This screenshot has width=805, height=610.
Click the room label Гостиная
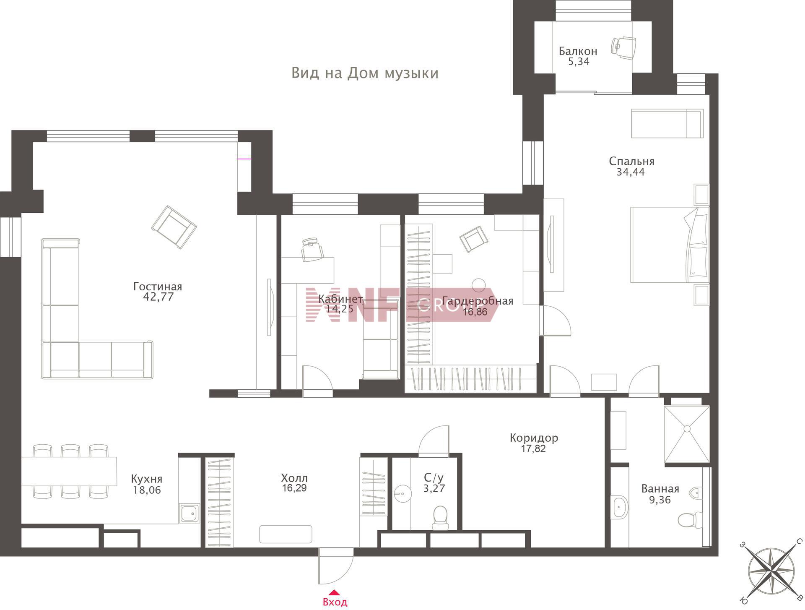click(158, 287)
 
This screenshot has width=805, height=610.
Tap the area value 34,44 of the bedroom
click(631, 172)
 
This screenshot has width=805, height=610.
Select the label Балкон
click(578, 51)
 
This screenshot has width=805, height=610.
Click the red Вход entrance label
click(335, 602)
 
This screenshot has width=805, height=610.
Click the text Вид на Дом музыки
click(365, 73)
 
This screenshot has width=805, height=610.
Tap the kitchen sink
click(190, 513)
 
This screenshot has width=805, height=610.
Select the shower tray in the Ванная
click(687, 435)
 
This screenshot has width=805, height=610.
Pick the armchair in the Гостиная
click(174, 227)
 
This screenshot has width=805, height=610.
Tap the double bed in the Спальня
click(670, 244)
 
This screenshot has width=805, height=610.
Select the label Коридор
click(534, 438)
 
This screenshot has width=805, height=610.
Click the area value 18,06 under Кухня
click(147, 490)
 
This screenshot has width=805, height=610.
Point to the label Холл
click(294, 478)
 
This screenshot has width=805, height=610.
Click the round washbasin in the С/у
click(402, 494)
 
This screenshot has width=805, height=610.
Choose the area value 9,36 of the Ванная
click(660, 500)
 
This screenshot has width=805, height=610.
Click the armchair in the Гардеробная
click(474, 239)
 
